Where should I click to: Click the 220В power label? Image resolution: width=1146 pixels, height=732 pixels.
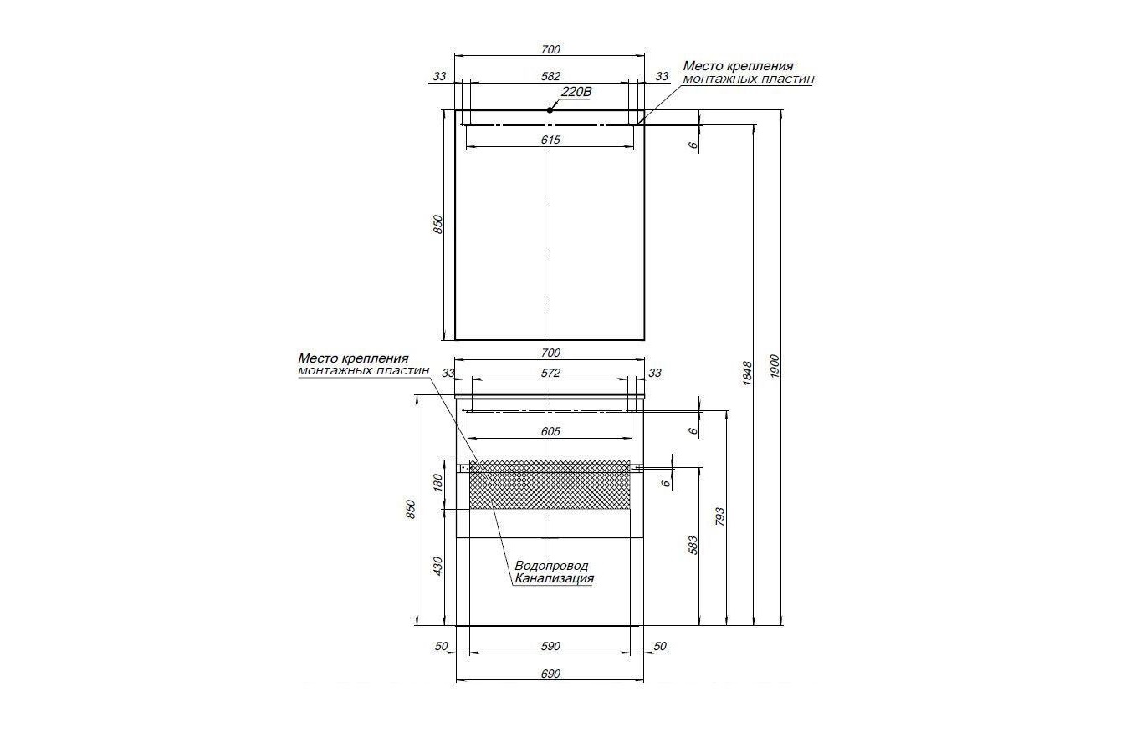coord(576,92)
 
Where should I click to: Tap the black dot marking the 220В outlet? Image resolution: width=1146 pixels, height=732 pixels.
coord(550,110)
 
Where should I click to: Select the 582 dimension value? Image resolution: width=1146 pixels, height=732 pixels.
coord(550,76)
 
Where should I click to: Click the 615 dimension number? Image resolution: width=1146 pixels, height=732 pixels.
coord(550,140)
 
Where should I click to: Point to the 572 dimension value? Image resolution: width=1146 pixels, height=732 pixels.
coord(550,374)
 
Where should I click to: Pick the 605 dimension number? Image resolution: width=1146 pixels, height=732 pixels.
coord(550,431)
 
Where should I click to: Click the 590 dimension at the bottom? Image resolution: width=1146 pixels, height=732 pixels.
coord(550,646)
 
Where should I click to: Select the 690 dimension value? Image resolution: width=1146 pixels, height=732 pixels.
coord(550,674)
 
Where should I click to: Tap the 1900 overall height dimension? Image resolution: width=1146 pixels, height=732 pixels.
coord(774,366)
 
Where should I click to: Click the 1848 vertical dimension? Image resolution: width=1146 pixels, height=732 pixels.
coord(747,374)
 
